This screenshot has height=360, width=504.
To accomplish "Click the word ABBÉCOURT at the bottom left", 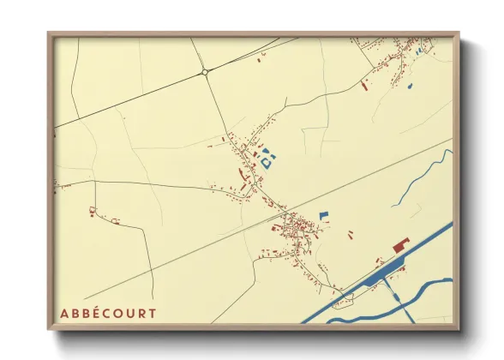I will point(108,313).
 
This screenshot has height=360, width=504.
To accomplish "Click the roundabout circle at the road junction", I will point(205,73).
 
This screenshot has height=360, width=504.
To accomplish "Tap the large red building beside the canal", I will point(400,246).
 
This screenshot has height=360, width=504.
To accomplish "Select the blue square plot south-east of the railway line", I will point(323,216).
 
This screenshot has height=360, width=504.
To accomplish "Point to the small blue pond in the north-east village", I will point(409,85).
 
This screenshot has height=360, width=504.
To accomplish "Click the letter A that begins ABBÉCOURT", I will point(64,313).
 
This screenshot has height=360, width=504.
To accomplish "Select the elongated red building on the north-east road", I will point(365,85).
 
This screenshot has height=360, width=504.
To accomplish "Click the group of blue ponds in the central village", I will point(267,158).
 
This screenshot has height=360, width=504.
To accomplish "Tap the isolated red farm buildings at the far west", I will point(93,210).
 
